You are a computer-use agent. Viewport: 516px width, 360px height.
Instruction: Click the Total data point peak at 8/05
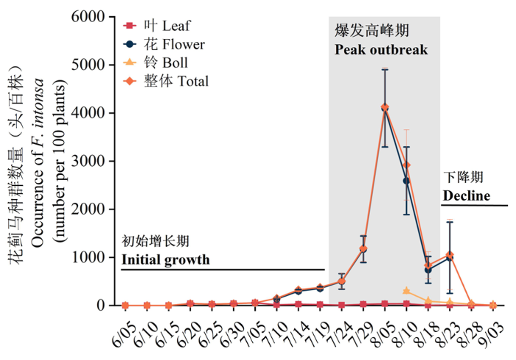coord(385,108)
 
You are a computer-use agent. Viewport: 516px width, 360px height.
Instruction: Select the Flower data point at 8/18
coord(428,270)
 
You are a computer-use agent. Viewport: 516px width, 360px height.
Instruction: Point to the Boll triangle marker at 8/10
coord(406,291)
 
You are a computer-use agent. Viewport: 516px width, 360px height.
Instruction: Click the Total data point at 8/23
coord(450,255)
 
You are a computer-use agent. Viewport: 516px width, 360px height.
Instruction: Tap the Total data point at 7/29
coord(363,249)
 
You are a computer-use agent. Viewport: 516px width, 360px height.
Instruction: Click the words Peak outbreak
coord(380,51)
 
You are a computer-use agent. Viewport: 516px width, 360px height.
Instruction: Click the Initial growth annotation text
coord(165,260)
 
